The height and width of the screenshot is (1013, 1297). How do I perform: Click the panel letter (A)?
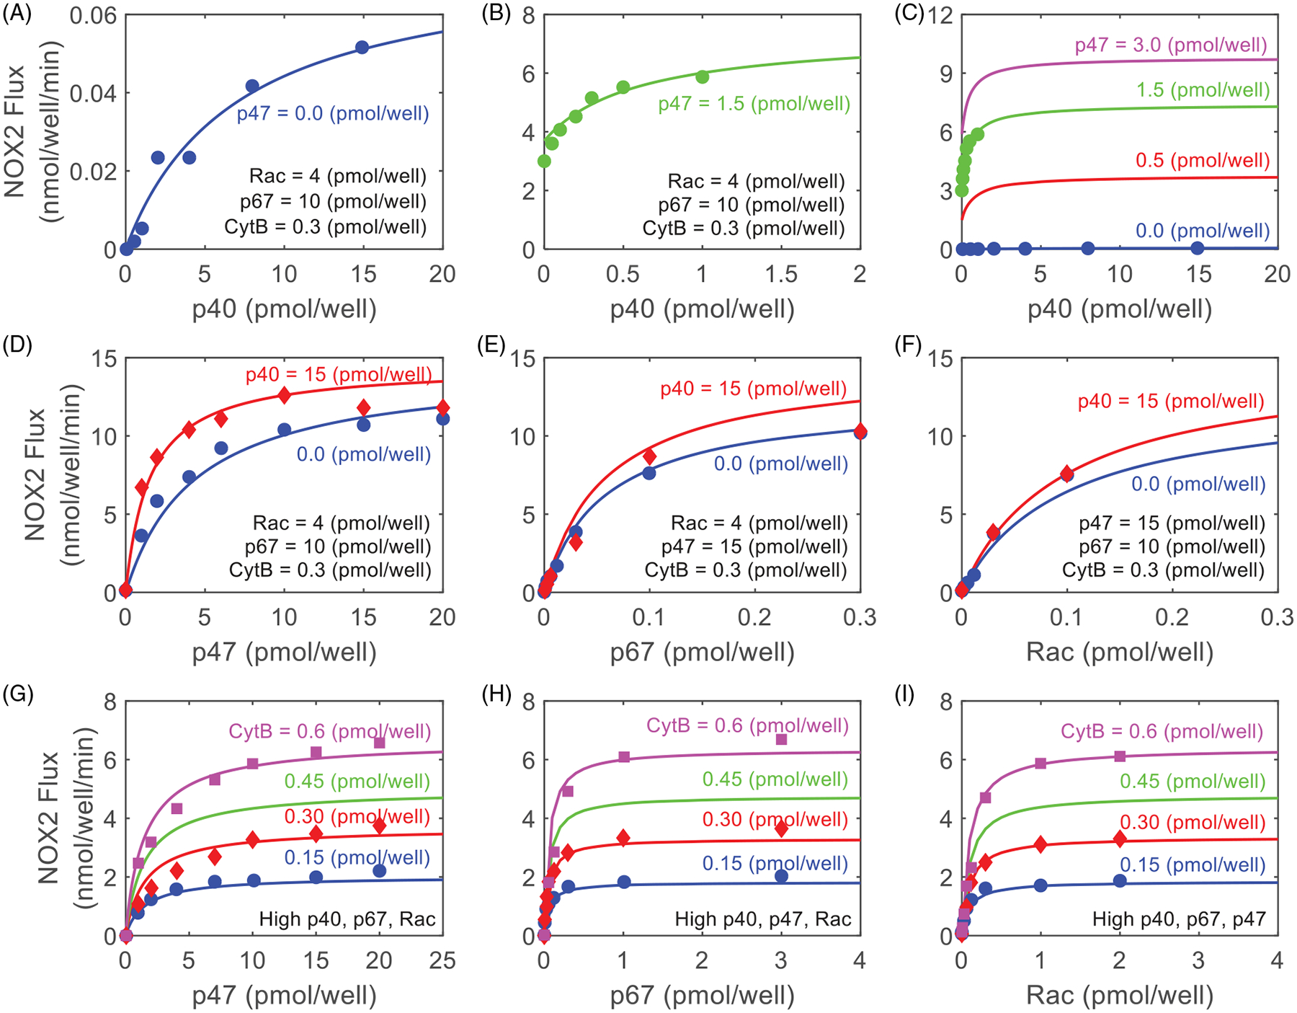click(x=17, y=14)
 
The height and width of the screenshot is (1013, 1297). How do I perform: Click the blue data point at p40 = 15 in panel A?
click(x=362, y=48)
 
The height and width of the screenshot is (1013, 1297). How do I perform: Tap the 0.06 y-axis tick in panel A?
click(x=93, y=15)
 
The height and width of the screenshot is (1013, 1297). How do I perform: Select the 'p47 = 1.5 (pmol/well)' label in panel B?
click(x=754, y=104)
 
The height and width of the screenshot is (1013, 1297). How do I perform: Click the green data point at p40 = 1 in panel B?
click(x=703, y=76)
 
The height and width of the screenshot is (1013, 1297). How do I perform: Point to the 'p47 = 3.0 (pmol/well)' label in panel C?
click(x=1171, y=45)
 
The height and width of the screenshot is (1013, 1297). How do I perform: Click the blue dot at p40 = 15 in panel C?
click(x=1198, y=248)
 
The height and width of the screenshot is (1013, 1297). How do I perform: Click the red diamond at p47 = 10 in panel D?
click(x=285, y=394)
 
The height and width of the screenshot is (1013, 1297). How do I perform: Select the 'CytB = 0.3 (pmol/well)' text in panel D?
click(x=330, y=570)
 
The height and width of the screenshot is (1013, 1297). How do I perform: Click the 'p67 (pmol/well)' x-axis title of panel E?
click(x=702, y=652)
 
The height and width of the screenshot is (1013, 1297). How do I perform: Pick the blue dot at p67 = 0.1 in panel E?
click(x=649, y=473)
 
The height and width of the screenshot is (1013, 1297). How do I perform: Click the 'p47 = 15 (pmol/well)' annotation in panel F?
click(x=1172, y=523)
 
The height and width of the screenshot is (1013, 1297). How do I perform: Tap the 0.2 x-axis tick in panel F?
click(x=1172, y=617)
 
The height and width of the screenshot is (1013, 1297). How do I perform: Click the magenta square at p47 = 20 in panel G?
click(x=380, y=742)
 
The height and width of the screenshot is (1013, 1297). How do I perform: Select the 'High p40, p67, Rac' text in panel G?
click(x=347, y=919)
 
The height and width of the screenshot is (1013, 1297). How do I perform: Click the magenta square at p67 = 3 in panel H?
click(x=781, y=739)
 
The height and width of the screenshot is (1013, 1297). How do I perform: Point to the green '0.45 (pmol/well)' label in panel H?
click(x=775, y=779)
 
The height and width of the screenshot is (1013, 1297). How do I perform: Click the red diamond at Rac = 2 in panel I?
click(x=1120, y=839)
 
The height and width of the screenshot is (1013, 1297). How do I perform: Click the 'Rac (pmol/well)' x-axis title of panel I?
click(x=1120, y=996)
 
